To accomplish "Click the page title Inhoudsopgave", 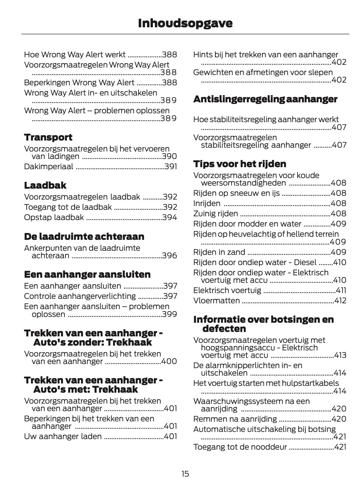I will (185, 23).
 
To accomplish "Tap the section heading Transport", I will (48, 137).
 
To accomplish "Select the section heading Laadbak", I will (45, 186).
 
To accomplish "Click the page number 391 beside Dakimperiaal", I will (171, 167).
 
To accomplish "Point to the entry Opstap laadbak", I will (54, 217).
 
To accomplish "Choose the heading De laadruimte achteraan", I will (84, 236).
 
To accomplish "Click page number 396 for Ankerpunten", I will (170, 256).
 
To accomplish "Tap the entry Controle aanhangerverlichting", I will (80, 296).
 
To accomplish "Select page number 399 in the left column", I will (170, 314).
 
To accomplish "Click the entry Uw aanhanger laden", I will (63, 436).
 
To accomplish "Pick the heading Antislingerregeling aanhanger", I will (265, 99).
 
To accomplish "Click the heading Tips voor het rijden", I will (240, 164).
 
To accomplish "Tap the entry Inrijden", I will (207, 203).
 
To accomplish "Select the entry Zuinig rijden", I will (216, 214).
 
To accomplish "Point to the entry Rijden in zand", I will (219, 252).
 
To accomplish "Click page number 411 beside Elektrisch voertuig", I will (341, 290).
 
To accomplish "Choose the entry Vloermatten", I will (217, 301).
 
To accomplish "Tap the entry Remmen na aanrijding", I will (235, 419).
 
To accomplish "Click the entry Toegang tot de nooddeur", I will (240, 447).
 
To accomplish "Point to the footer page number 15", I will (185, 474).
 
